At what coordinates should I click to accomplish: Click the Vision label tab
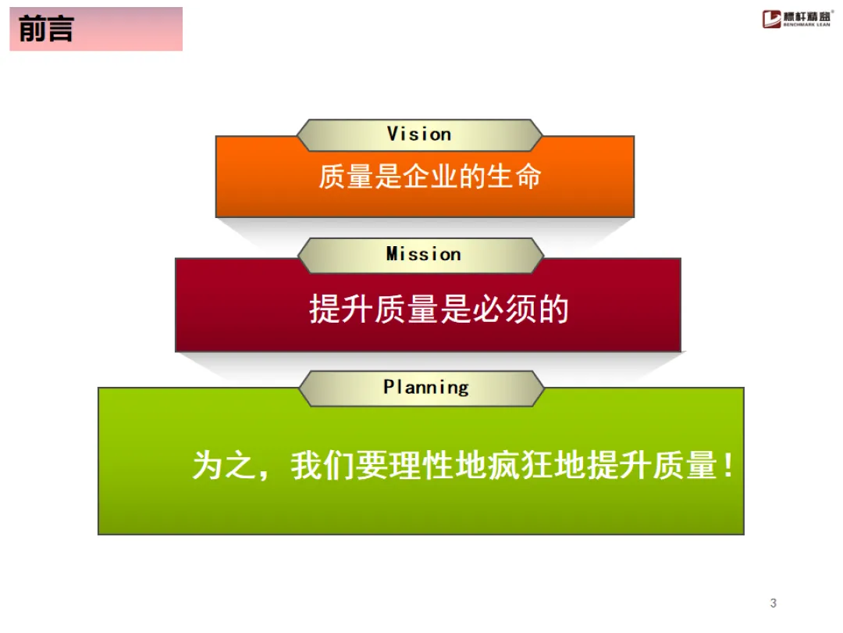(420, 134)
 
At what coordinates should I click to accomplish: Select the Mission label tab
(423, 255)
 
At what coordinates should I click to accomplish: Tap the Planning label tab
(425, 388)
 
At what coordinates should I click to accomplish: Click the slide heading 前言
(46, 30)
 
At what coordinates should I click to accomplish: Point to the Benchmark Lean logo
(797, 20)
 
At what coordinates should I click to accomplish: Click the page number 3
(774, 603)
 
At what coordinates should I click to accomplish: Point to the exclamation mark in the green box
(727, 467)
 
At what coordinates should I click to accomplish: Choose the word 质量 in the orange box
(346, 177)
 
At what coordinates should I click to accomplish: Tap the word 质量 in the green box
(684, 467)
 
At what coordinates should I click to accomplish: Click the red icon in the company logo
(772, 19)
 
